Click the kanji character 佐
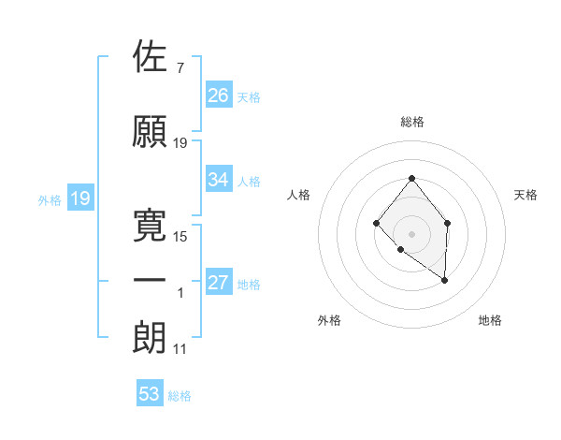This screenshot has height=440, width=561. pyautogui.click(x=151, y=57)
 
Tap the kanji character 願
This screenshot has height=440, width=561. pyautogui.click(x=151, y=132)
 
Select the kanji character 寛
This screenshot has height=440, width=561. pyautogui.click(x=151, y=224)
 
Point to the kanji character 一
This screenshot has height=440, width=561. pyautogui.click(x=151, y=281)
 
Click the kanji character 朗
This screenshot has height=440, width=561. pyautogui.click(x=151, y=338)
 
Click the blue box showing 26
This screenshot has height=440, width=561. pyautogui.click(x=219, y=95)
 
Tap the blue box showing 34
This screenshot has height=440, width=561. pyautogui.click(x=219, y=180)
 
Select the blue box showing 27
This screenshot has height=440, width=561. pyautogui.click(x=219, y=284)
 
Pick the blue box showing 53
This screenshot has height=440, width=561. pyautogui.click(x=150, y=394)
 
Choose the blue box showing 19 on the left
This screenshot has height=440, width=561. pyautogui.click(x=79, y=198)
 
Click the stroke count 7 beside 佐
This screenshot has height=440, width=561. pyautogui.click(x=180, y=68)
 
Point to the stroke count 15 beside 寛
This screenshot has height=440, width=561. pyautogui.click(x=180, y=236)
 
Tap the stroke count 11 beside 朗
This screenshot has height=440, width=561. pyautogui.click(x=180, y=349)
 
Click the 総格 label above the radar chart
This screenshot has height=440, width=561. pyautogui.click(x=412, y=122)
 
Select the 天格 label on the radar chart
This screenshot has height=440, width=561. pyautogui.click(x=526, y=195)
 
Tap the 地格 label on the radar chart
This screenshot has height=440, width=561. pyautogui.click(x=490, y=320)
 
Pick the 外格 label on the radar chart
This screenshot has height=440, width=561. pyautogui.click(x=329, y=320)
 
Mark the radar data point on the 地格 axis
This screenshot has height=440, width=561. pyautogui.click(x=445, y=280)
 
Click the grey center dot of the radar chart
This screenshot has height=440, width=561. pyautogui.click(x=411, y=233)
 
